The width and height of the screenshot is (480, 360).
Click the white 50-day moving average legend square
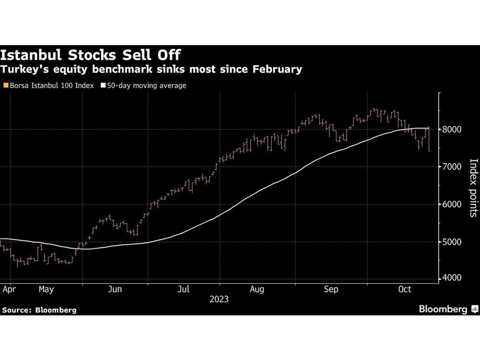103,85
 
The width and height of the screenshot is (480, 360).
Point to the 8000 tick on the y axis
452,130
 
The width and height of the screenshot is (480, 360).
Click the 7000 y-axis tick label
452,167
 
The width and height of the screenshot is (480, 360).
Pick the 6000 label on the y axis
452,204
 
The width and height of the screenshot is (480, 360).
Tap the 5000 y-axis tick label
452,242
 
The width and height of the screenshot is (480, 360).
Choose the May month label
46,289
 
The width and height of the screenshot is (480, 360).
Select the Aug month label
257,289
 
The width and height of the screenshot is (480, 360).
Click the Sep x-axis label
331,289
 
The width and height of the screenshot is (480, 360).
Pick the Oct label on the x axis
405,289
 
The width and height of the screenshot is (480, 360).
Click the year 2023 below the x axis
219,299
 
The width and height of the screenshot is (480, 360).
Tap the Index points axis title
473,188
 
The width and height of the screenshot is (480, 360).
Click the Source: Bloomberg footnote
39,310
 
